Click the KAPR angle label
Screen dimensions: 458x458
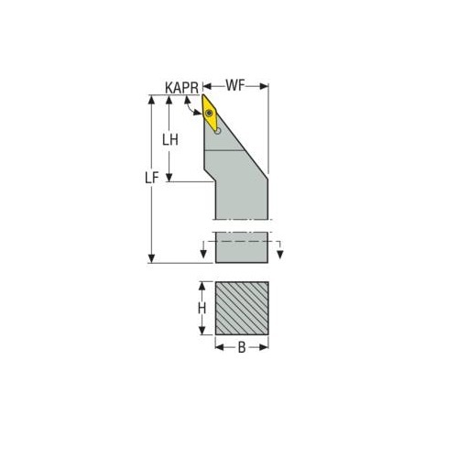(x=181, y=88)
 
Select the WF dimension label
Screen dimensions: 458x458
(x=235, y=85)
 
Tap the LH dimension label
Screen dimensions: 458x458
(x=170, y=140)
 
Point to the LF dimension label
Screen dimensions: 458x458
(x=152, y=178)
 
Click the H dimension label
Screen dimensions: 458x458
(x=202, y=309)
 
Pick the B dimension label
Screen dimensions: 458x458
(x=242, y=347)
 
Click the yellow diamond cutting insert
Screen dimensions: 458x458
(x=210, y=114)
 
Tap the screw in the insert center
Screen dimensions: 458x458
(x=209, y=114)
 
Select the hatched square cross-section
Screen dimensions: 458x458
(x=242, y=308)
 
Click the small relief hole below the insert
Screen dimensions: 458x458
(x=218, y=131)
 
